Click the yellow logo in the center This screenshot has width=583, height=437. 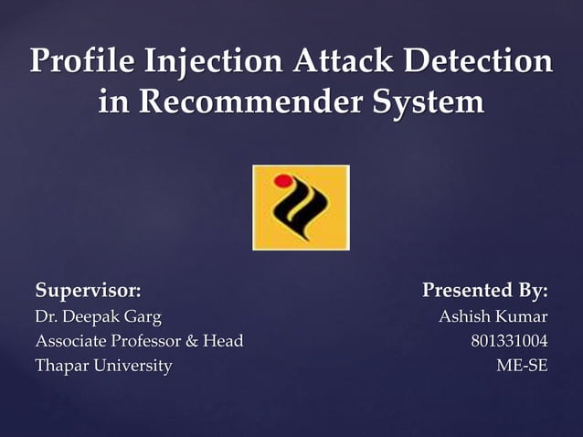(x=301, y=207)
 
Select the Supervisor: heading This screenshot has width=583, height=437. (x=88, y=292)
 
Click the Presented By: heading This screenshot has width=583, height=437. (x=484, y=292)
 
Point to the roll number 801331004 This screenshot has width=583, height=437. (x=509, y=342)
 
